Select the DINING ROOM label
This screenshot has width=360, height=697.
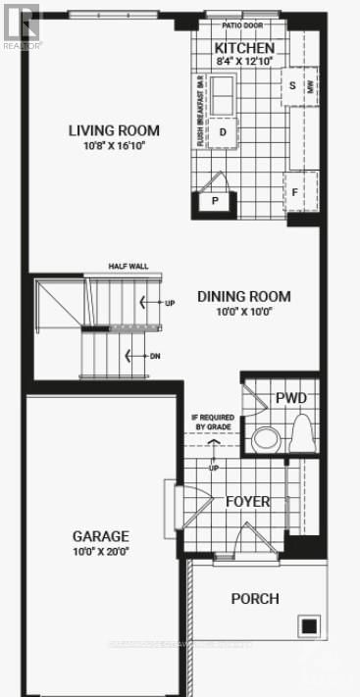[x=244, y=296]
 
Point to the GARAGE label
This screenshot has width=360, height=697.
[x=101, y=536]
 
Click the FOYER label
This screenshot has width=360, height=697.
[x=247, y=502]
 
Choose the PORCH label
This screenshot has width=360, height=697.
[x=255, y=598]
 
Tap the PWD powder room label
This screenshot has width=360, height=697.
[x=291, y=398]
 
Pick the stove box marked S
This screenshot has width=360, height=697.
[x=292, y=85]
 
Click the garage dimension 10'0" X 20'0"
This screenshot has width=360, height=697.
[x=101, y=551]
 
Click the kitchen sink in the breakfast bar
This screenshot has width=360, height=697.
[x=224, y=93]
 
